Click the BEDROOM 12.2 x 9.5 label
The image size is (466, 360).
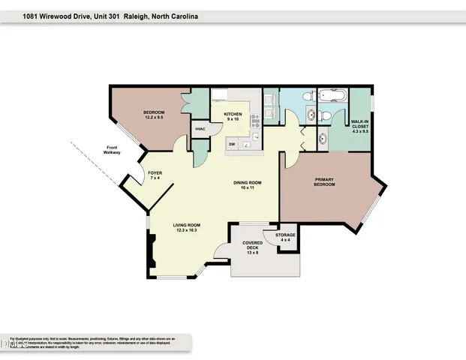(154, 115)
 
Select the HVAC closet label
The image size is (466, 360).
(200, 129)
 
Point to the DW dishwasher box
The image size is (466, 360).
(233, 144)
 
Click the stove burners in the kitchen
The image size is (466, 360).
(254, 116)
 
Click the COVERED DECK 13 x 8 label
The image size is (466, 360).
(251, 247)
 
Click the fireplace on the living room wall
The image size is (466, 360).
(152, 249)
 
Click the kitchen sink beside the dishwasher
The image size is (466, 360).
(252, 139)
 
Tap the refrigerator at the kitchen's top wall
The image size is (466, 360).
(220, 95)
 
